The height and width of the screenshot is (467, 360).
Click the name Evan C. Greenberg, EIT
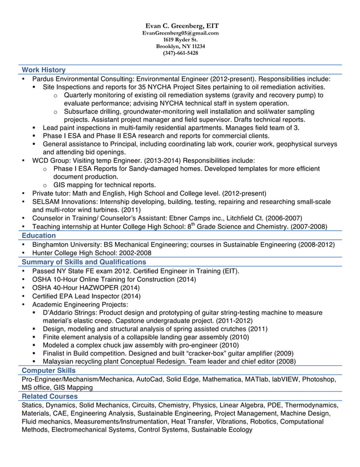tap(180, 26)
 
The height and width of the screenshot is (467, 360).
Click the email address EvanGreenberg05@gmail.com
tap(180, 33)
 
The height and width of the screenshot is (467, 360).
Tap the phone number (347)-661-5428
tap(180, 53)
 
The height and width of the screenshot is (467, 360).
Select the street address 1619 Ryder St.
tap(180, 40)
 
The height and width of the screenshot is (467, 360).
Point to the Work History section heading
tap(43, 70)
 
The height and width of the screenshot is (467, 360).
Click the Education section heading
tap(39, 235)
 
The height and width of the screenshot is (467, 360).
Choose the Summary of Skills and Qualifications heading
tap(84, 262)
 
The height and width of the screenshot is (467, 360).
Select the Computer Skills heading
tap(48, 370)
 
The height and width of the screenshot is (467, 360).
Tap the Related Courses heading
tap(49, 396)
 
